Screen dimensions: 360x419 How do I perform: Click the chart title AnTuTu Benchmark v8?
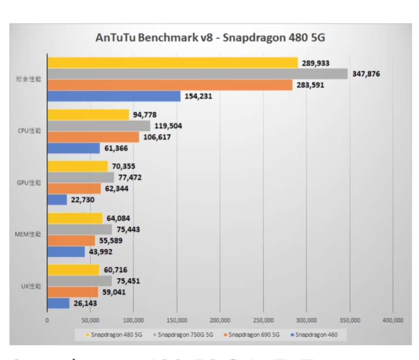[209, 38]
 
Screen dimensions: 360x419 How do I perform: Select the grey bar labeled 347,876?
[197, 74]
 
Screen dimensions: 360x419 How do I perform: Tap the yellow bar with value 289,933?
[172, 63]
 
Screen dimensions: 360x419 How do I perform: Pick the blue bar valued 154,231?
[114, 96]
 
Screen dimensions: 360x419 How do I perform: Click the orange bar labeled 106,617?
[93, 137]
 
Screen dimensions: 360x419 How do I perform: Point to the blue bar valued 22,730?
[57, 199]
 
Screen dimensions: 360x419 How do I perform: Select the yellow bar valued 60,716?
[73, 270]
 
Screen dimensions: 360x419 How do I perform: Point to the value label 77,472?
[130, 178]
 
